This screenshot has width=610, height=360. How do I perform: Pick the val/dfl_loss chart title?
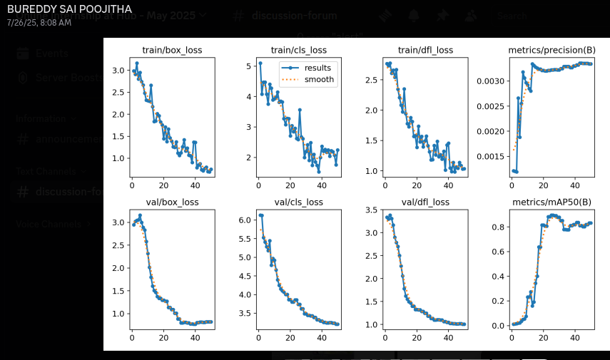point(425,202)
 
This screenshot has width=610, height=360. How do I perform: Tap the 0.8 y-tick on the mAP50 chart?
point(498,227)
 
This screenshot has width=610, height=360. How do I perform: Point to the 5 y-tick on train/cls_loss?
point(249,66)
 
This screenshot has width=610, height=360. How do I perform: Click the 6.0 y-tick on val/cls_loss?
point(245,220)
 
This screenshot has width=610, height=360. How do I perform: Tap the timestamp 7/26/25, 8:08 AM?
point(39,23)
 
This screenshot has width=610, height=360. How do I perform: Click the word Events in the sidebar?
point(52,53)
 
